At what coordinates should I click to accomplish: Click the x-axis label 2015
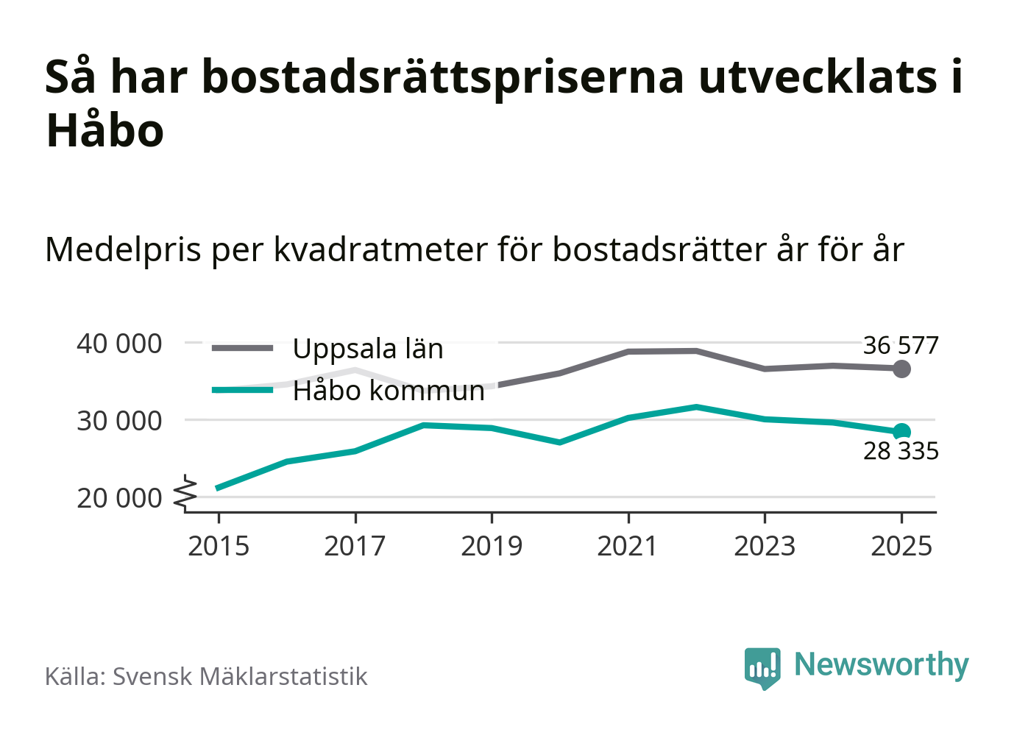(x=219, y=547)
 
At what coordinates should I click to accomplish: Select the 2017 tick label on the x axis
(x=355, y=547)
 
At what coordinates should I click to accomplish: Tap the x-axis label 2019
(x=492, y=547)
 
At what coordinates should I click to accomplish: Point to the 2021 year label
(x=628, y=547)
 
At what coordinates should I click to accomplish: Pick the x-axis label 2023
(x=765, y=547)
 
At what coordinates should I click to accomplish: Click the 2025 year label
(x=901, y=547)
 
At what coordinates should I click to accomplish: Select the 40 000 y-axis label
(x=119, y=344)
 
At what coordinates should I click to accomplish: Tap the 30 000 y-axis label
(x=119, y=421)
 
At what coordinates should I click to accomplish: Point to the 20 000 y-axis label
(x=119, y=498)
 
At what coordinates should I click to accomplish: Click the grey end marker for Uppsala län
(x=901, y=369)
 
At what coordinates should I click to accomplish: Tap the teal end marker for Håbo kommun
(x=901, y=432)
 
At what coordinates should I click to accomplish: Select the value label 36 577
(x=901, y=345)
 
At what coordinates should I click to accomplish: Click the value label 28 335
(x=901, y=450)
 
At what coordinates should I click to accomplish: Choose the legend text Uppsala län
(x=368, y=349)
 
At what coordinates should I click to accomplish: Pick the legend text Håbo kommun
(x=389, y=391)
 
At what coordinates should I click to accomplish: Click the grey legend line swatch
(x=242, y=348)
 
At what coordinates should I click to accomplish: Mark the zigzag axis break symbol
(x=185, y=493)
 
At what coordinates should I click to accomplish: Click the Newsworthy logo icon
(x=762, y=667)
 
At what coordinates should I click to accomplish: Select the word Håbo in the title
(x=104, y=131)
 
